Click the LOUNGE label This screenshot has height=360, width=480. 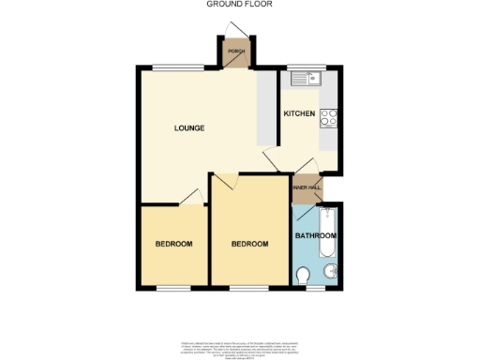tap(188, 127)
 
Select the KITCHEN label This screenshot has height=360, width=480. tap(300, 113)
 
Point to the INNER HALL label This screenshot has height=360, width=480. tap(307, 188)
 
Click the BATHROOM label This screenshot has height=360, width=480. tap(315, 236)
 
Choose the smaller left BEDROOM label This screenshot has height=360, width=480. tap(173, 244)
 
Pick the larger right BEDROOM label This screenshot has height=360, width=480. tap(250, 244)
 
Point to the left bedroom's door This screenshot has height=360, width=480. tap(194, 197)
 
